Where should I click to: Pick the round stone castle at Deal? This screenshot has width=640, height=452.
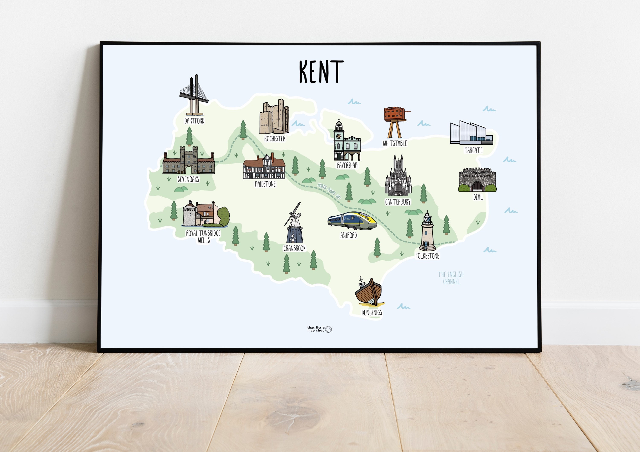click(477, 180)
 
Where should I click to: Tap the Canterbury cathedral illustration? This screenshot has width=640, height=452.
click(398, 176)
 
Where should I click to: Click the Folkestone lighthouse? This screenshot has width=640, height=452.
click(427, 232)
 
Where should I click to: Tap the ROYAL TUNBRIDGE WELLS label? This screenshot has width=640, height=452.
click(203, 237)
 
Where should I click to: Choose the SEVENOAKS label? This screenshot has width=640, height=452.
click(188, 179)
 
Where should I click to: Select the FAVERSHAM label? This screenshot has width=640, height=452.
click(347, 165)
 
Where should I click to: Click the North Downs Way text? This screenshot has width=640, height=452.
click(329, 191)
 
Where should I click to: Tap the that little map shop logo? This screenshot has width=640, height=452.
click(319, 329)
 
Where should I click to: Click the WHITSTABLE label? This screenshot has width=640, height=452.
click(395, 143)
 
